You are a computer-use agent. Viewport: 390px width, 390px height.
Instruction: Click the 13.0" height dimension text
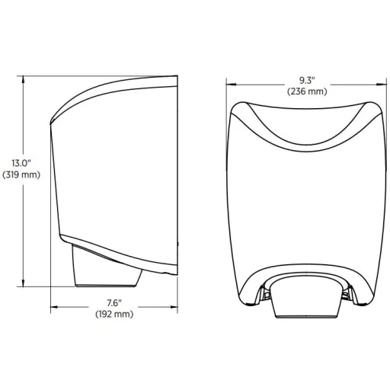pyautogui.click(x=21, y=163)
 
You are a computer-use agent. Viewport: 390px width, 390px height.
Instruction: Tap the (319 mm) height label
pyautogui.click(x=21, y=174)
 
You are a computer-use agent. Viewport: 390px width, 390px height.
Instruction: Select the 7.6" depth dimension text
pyautogui.click(x=114, y=302)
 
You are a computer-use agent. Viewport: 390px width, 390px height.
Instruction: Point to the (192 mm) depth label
pyautogui.click(x=114, y=314)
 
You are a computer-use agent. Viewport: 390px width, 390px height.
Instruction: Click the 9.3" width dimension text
pyautogui.click(x=307, y=80)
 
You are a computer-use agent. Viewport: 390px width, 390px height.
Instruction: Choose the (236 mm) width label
pyautogui.click(x=307, y=91)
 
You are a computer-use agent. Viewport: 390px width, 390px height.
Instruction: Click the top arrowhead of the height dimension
pyautogui.click(x=24, y=79)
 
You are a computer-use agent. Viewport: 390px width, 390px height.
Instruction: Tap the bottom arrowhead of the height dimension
pyautogui.click(x=24, y=283)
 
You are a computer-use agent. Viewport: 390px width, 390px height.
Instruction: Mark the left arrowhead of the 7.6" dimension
pyautogui.click(x=55, y=307)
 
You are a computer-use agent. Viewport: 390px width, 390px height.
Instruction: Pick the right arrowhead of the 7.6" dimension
pyautogui.click(x=174, y=307)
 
